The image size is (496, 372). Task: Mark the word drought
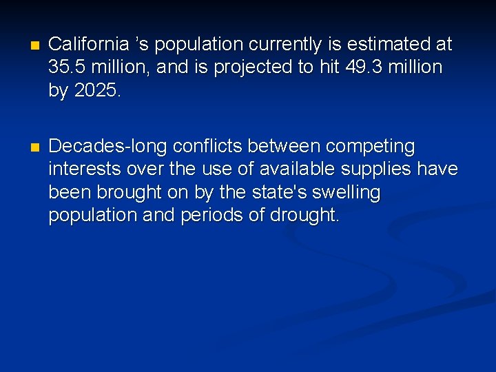pyautogui.click(x=303, y=215)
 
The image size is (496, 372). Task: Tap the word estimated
pyautogui.click(x=386, y=45)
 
